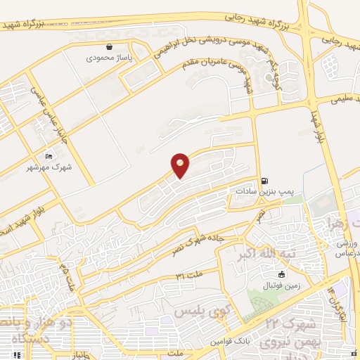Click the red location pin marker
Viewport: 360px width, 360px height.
tap(180, 165)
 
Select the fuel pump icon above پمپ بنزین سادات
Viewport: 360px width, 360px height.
tap(264, 179)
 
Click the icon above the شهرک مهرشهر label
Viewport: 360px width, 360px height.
tap(48, 156)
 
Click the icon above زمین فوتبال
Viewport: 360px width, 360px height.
tap(282, 274)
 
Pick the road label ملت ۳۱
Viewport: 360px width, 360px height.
tap(189, 274)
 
